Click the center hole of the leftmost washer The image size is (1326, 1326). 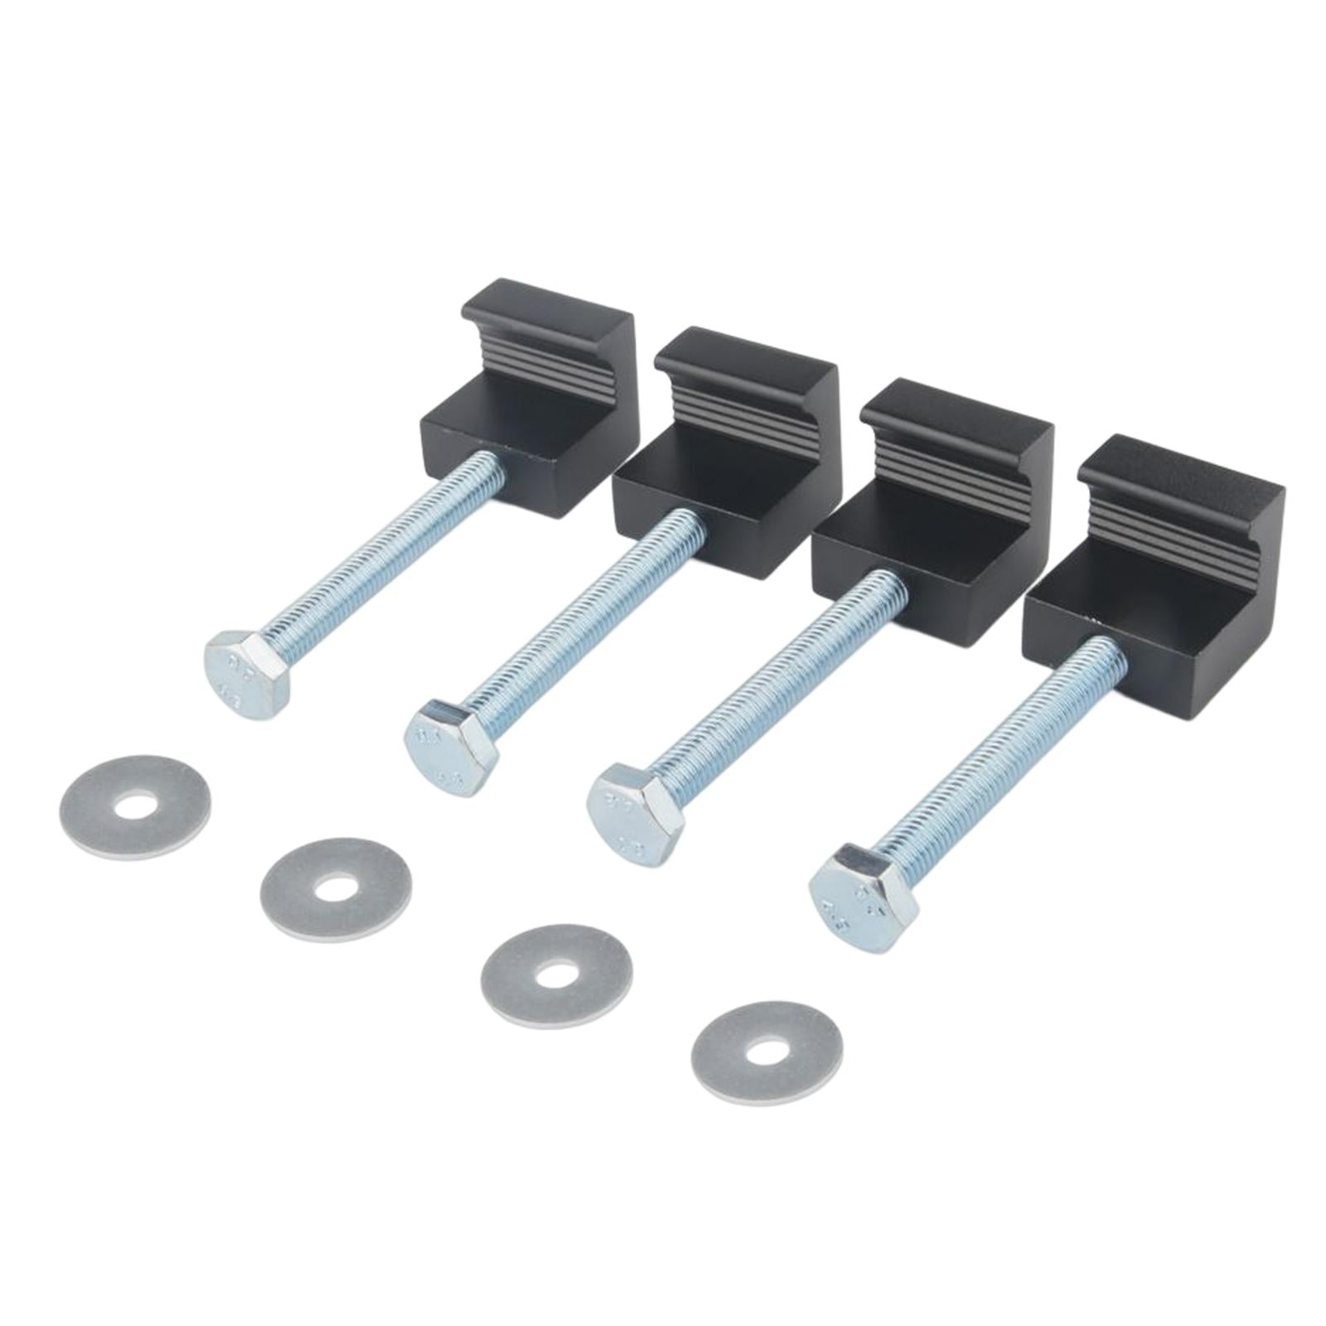pos(136,806)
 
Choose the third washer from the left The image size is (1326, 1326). pos(556,975)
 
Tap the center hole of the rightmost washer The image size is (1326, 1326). pos(766,1053)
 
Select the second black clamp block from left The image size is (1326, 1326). pos(729,472)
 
